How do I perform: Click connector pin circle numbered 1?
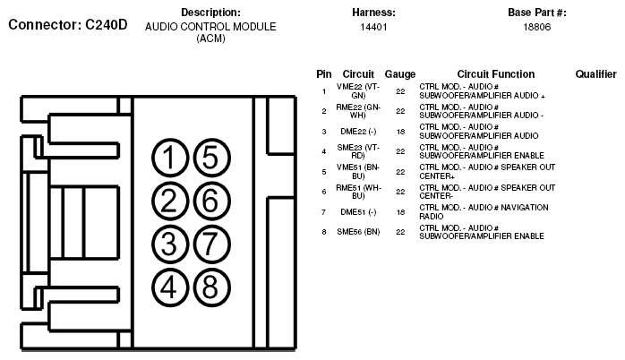click(x=168, y=159)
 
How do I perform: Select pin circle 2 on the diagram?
click(x=168, y=201)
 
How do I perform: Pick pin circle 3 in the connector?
click(x=168, y=243)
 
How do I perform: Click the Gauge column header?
click(x=399, y=74)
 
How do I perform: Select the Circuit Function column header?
click(x=495, y=74)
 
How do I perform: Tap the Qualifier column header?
click(x=595, y=74)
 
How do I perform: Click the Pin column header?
click(x=323, y=74)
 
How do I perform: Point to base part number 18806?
click(x=536, y=28)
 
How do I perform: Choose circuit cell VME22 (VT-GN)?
click(x=358, y=90)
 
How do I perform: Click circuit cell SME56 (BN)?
click(x=358, y=232)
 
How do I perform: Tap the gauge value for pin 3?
click(x=400, y=132)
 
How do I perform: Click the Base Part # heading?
click(x=536, y=13)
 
